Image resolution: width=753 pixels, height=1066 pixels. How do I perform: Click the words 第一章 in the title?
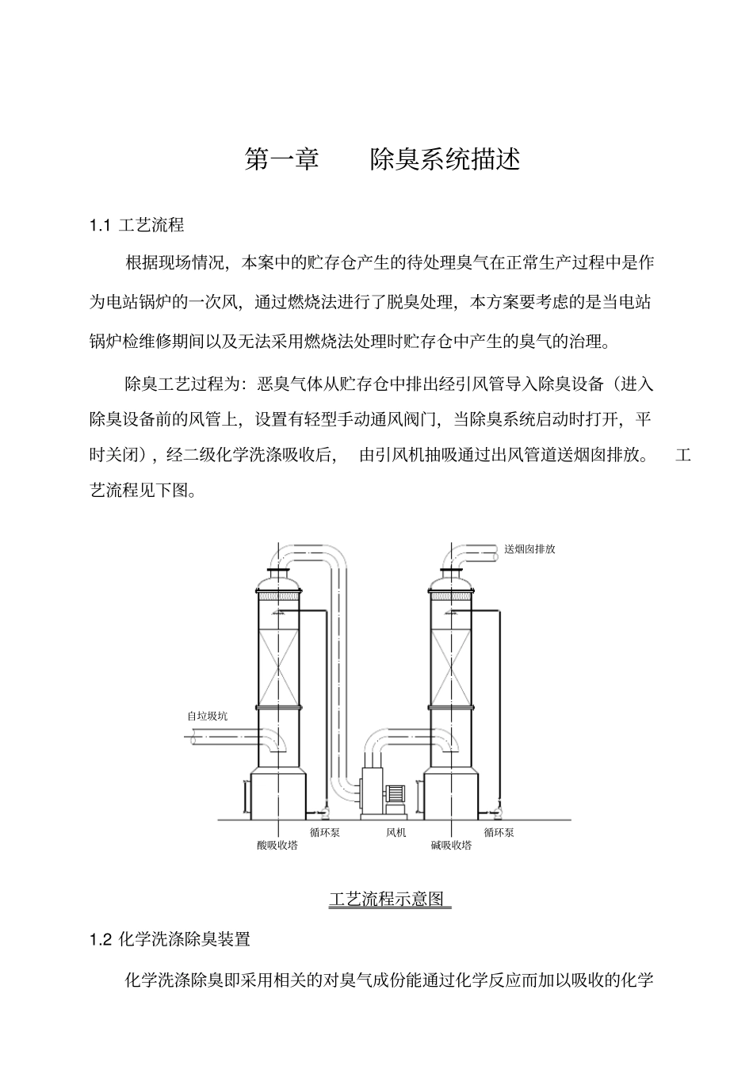click(x=281, y=159)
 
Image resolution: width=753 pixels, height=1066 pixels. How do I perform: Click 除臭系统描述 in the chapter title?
click(x=445, y=159)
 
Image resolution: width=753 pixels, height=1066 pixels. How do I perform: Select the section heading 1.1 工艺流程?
click(x=137, y=225)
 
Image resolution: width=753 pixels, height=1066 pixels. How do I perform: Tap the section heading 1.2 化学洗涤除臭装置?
click(x=170, y=939)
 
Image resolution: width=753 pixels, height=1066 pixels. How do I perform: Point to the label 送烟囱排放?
click(x=529, y=548)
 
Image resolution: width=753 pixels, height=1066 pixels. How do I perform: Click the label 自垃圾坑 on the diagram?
click(x=207, y=716)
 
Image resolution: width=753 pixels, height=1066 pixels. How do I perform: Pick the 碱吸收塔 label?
click(x=451, y=845)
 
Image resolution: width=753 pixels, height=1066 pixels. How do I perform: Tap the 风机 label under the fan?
click(x=396, y=832)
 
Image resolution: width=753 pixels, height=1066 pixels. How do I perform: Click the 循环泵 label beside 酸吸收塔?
click(x=325, y=832)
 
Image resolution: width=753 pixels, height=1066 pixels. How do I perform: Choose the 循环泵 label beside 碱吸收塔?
click(x=499, y=832)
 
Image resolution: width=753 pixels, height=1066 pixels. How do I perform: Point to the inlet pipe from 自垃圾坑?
click(x=222, y=738)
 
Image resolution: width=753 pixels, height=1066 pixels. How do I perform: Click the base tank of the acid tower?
click(x=278, y=793)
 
